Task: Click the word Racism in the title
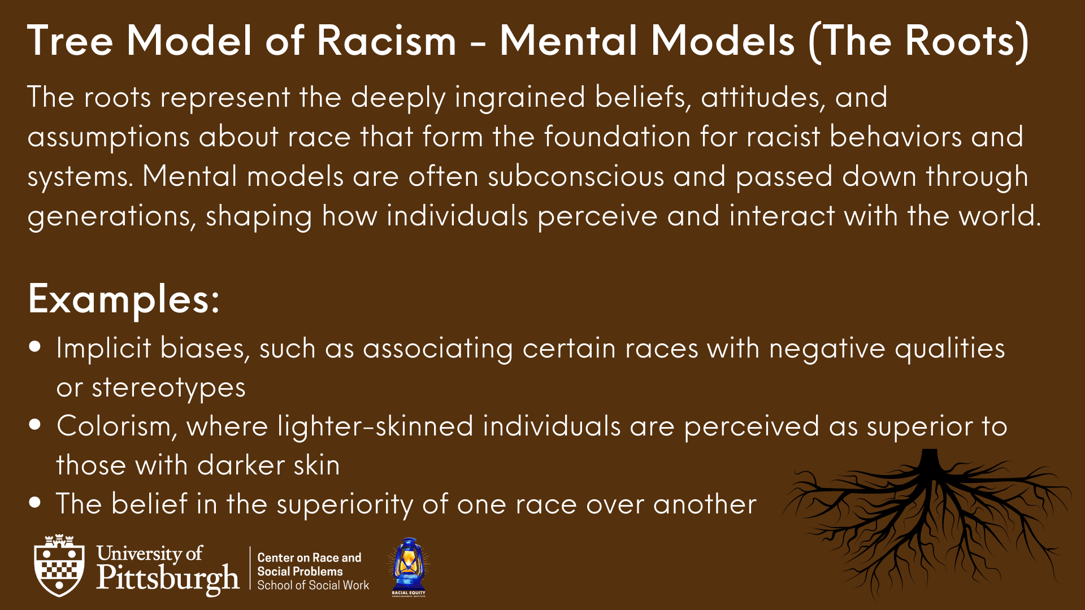coord(386,41)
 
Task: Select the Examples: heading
coord(123,299)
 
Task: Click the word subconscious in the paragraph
coord(576,176)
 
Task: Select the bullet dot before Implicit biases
coord(36,346)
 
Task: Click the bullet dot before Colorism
coord(36,424)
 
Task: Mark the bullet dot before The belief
coord(36,502)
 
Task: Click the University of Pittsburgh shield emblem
coord(59,565)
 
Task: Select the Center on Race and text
coord(309,557)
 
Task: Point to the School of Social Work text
coord(313,585)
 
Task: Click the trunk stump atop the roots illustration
coord(930,463)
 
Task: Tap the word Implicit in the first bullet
coord(103,348)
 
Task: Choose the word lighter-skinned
coord(375,426)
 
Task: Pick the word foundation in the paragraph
coord(617,137)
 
